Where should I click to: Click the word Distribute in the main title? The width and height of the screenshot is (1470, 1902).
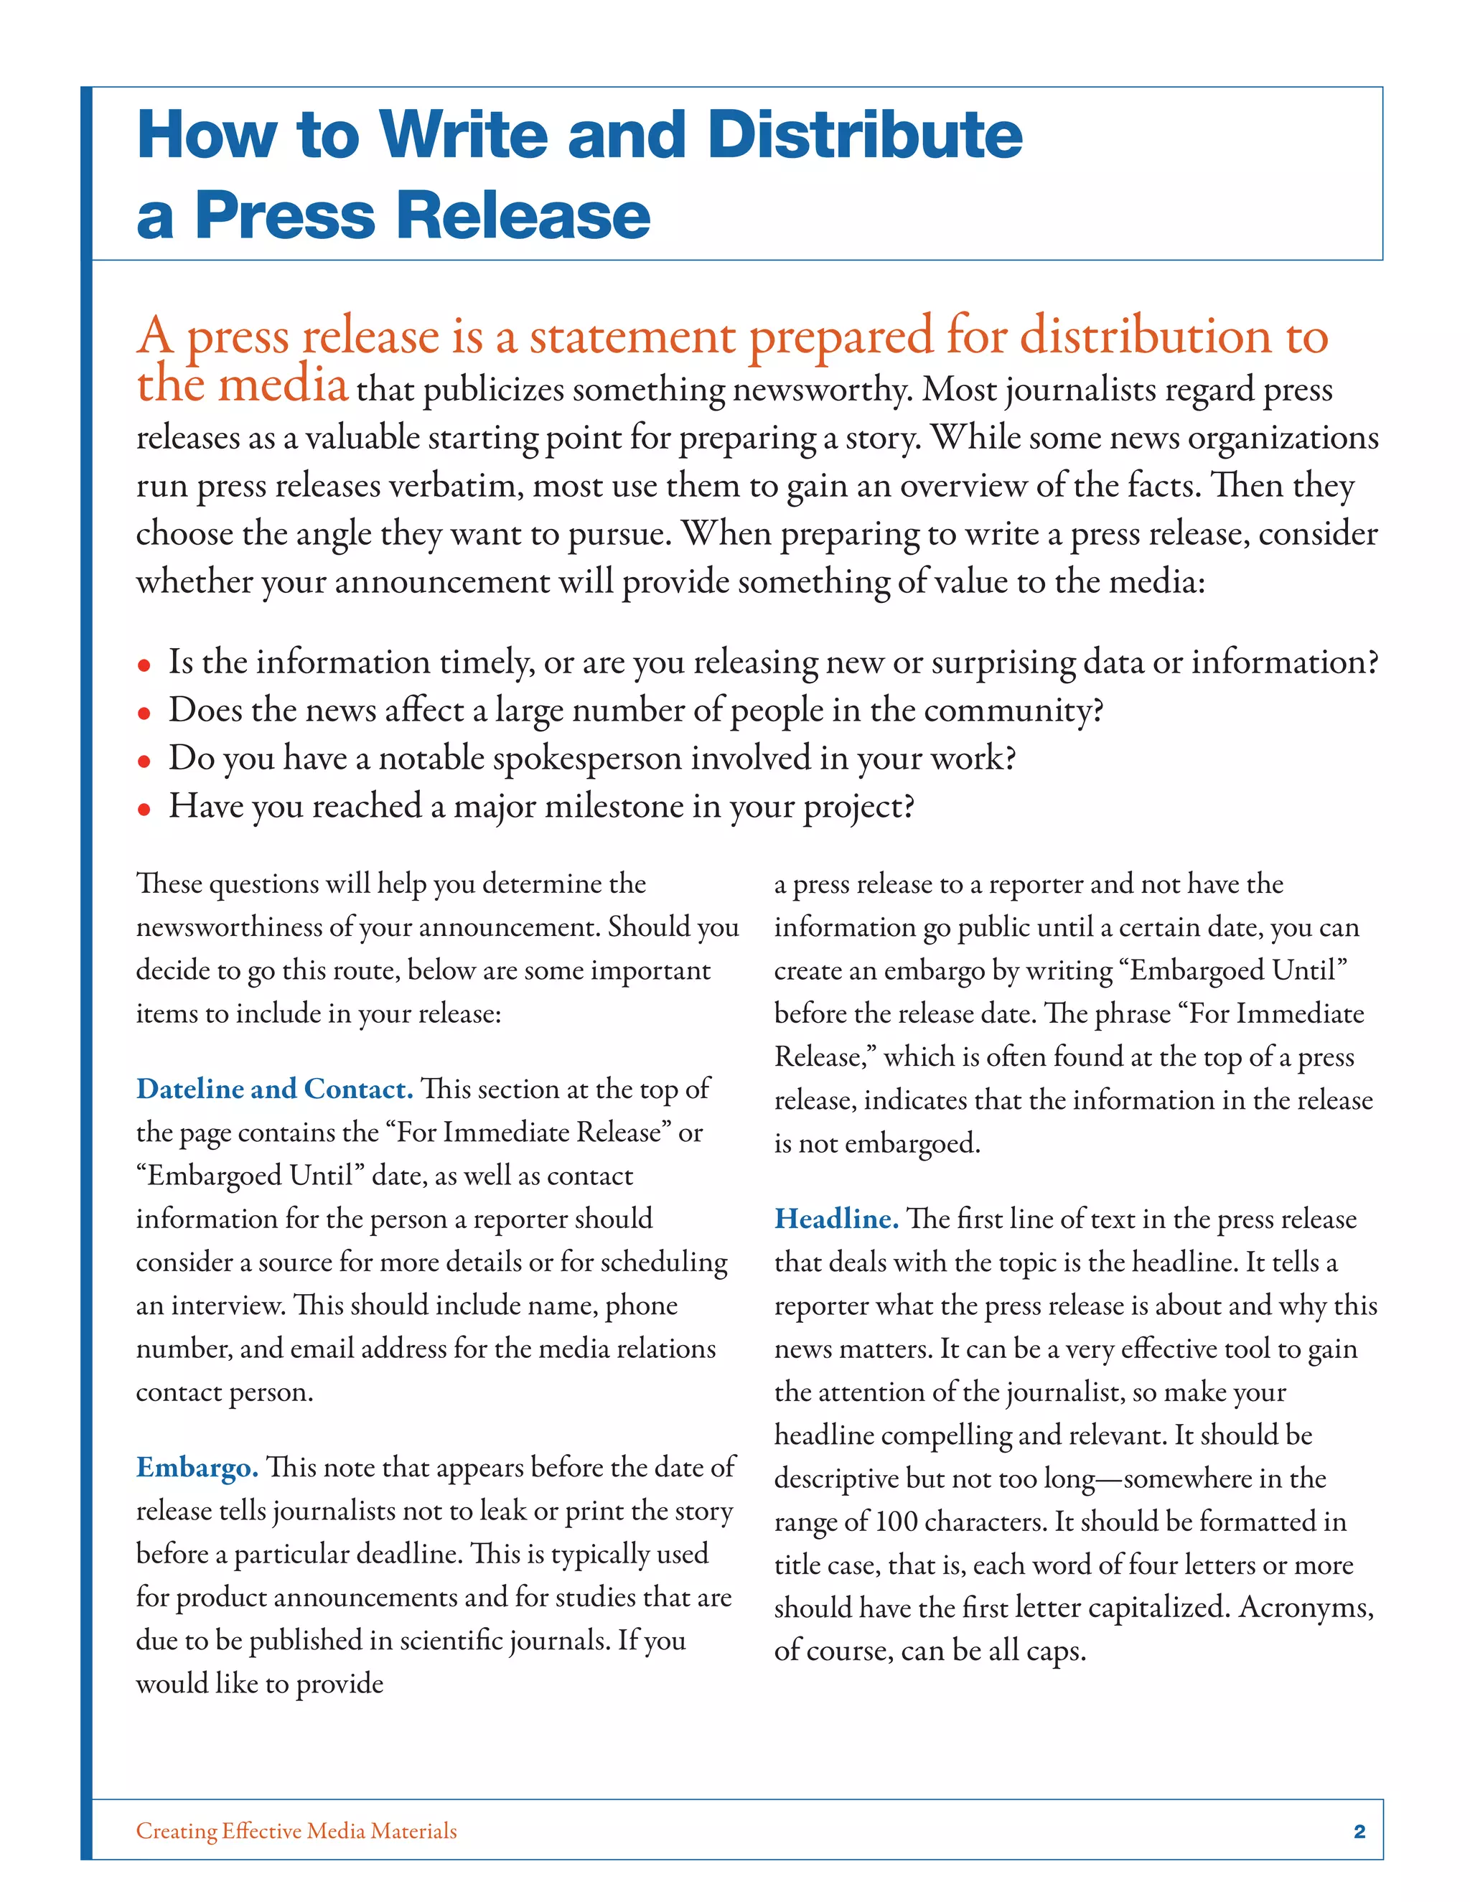[864, 136]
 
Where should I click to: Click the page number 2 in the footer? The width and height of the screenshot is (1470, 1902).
[1359, 1832]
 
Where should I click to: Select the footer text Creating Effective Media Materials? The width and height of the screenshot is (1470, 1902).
[296, 1832]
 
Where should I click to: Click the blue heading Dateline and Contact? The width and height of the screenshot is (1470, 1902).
[274, 1090]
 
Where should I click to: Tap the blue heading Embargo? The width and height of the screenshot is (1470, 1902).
[197, 1468]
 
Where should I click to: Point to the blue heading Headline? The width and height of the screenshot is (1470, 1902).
[836, 1219]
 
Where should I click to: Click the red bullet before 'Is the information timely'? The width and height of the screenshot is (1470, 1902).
[144, 666]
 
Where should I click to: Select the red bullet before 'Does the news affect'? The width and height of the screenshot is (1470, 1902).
[144, 714]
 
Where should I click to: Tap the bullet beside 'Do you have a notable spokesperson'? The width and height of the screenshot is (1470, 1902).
[144, 762]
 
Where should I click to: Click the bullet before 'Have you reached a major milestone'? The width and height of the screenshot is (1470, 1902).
[144, 810]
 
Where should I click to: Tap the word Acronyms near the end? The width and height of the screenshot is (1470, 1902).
[1306, 1607]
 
